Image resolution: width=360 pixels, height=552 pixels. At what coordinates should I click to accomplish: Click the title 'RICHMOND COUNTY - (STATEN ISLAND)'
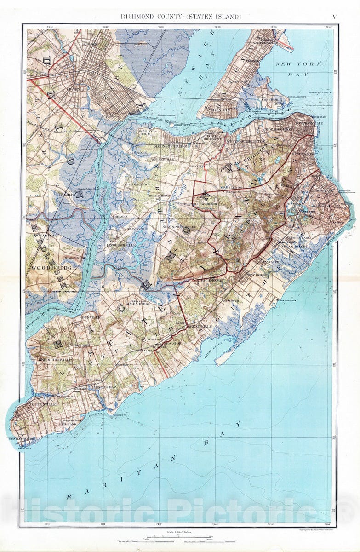(x=181, y=17)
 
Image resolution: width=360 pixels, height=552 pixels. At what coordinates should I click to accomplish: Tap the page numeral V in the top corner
(x=334, y=17)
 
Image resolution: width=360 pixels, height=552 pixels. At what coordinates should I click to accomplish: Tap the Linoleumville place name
(x=120, y=245)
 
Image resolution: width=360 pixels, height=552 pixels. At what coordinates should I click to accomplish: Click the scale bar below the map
(x=179, y=537)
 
